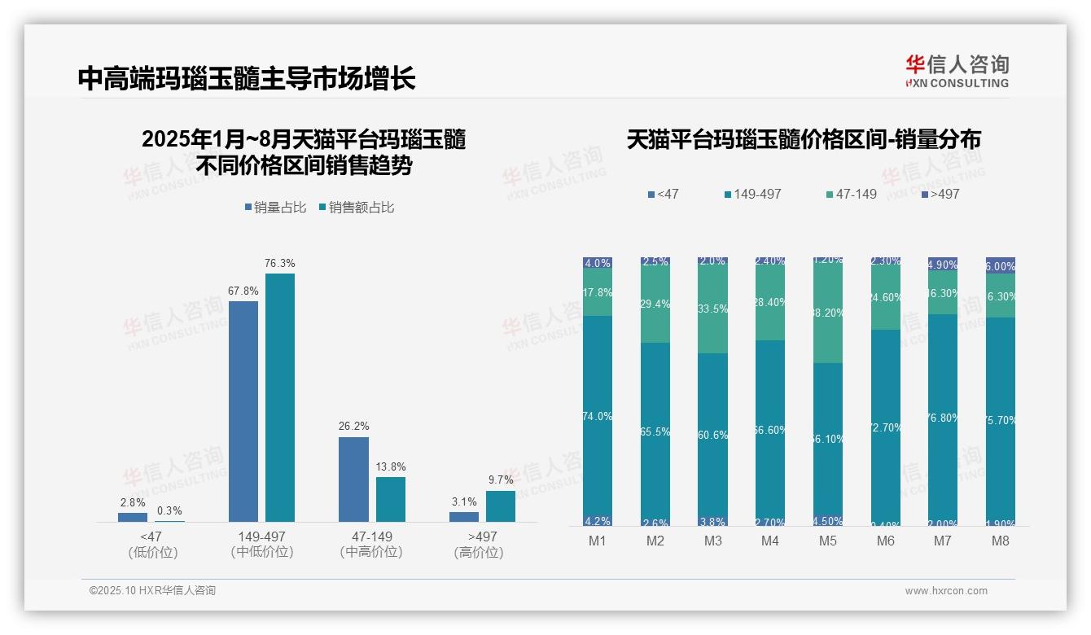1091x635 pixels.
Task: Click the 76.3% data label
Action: click(x=280, y=264)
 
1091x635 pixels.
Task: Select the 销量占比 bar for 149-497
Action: click(x=243, y=411)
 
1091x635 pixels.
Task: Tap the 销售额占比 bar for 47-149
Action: click(x=391, y=499)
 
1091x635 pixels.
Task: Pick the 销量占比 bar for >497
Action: click(x=464, y=517)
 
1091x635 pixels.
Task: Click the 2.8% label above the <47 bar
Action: click(x=132, y=503)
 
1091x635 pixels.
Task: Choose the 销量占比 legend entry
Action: click(x=275, y=208)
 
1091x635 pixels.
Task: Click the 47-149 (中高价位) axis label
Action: click(x=371, y=544)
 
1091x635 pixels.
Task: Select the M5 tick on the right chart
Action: click(x=828, y=541)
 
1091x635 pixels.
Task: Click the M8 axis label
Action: click(x=1000, y=541)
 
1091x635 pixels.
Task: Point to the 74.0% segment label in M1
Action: click(x=598, y=417)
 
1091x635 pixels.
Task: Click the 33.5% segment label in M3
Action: click(x=712, y=309)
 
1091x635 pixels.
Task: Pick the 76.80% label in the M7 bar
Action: click(x=943, y=418)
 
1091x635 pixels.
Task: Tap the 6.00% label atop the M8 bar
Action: click(x=1001, y=266)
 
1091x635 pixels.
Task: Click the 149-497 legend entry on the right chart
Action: click(x=752, y=195)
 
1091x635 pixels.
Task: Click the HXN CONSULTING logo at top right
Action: click(x=957, y=72)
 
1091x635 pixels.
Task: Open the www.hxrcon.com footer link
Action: click(x=946, y=591)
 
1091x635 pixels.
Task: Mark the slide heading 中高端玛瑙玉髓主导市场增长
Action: click(x=247, y=78)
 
